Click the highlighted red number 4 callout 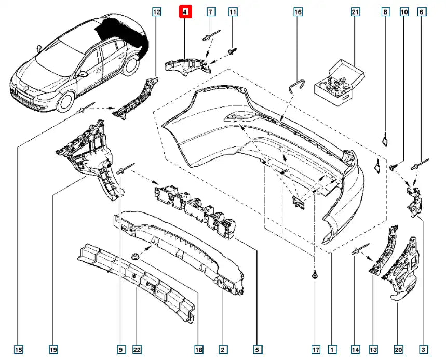click(186, 11)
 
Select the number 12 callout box click(157, 11)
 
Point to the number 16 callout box click(298, 11)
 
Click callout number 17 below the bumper click(315, 349)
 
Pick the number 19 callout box click(53, 349)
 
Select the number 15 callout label click(18, 349)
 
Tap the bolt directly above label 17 click(315, 275)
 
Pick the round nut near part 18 click(137, 256)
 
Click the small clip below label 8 click(384, 139)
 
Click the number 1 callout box click(331, 349)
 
